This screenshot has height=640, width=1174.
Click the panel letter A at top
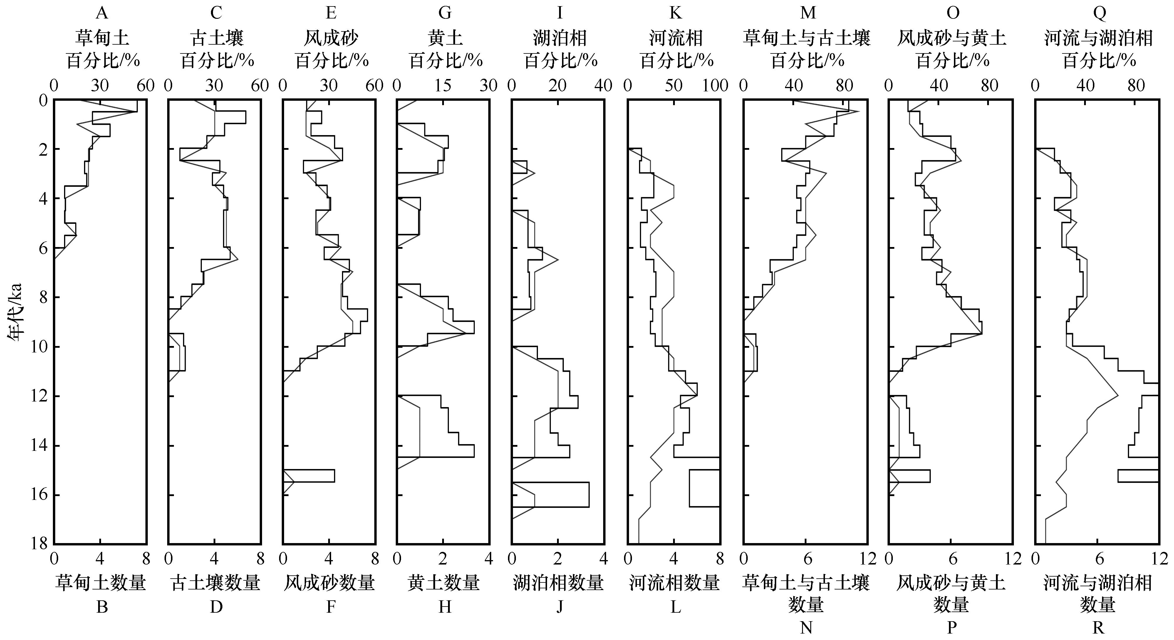(x=102, y=13)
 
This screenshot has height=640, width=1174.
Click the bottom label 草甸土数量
(x=101, y=583)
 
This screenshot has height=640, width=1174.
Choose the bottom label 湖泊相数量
(x=559, y=583)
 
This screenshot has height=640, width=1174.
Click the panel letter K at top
(x=675, y=13)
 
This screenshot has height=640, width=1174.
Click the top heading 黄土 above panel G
(x=445, y=38)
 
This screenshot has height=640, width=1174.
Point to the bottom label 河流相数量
(x=675, y=583)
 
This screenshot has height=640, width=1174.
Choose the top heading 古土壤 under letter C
(x=217, y=38)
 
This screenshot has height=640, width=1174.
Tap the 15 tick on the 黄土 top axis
(x=443, y=85)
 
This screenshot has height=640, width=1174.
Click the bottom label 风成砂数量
(x=330, y=583)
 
